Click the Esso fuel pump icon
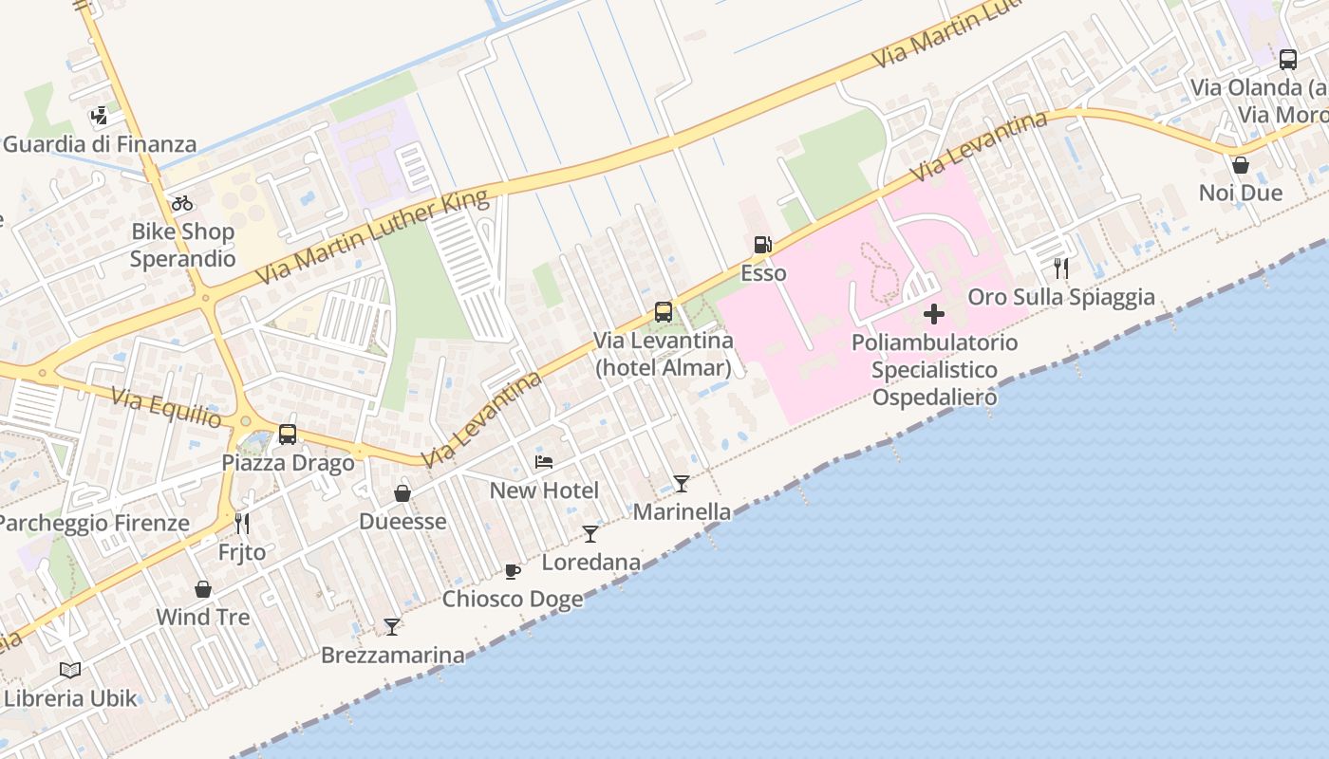(762, 245)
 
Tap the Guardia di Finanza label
(100, 145)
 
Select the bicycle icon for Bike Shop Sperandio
(182, 203)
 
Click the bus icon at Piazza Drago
(288, 435)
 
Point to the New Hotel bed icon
(544, 462)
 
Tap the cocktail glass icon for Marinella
(682, 484)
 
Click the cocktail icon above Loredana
(590, 533)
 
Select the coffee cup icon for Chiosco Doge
(513, 571)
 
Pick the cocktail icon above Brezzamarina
(392, 626)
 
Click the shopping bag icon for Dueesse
(402, 493)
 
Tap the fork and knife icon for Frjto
(242, 524)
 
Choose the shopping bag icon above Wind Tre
(202, 589)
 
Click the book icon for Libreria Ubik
(70, 670)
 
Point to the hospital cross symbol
(934, 314)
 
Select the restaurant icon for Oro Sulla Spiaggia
(1061, 268)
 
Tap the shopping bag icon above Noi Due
(1240, 165)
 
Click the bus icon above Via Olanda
(1287, 60)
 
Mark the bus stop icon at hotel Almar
(664, 311)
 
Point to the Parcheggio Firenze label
(94, 523)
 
